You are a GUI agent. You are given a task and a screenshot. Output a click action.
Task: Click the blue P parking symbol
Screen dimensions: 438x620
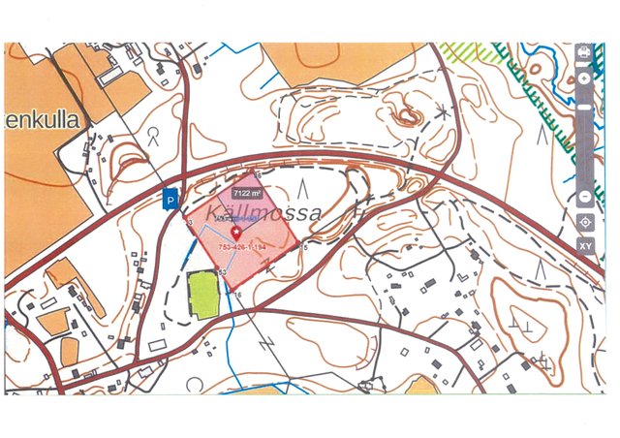click(x=170, y=202)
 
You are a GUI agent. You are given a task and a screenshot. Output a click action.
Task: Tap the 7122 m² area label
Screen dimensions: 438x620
click(x=249, y=193)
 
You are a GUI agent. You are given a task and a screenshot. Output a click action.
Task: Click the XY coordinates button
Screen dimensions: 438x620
click(x=585, y=246)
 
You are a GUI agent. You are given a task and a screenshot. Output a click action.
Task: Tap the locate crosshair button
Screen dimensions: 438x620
click(x=585, y=222)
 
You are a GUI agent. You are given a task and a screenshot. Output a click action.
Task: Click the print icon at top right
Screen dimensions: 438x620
click(x=584, y=51)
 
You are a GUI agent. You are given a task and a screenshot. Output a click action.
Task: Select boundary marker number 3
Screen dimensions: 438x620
click(x=191, y=223)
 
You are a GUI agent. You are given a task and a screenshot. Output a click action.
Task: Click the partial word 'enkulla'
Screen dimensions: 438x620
click(x=45, y=119)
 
